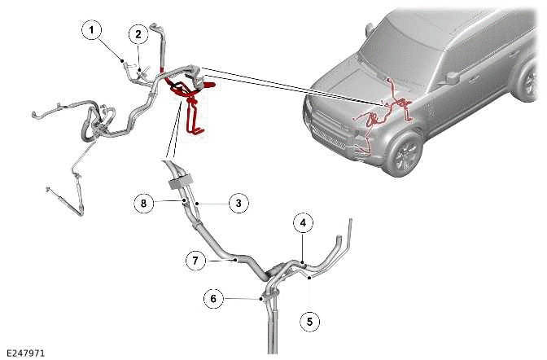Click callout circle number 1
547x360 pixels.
coord(91,30)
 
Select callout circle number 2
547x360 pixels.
coord(138,34)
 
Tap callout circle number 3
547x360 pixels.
coord(238,204)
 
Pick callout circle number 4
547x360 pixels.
coord(303,223)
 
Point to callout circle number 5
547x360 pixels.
coord(310,322)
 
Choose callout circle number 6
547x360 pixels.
coord(213,299)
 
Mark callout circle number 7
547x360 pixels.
coord(195,261)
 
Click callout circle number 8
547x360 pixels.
coord(144,204)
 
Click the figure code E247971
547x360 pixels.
coord(26,353)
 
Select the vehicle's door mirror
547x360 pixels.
coord(452,77)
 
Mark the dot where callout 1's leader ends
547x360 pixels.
coord(122,61)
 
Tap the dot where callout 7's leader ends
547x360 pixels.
coord(236,260)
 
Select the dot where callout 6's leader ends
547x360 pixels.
coord(260,299)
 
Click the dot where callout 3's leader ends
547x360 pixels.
coord(197,203)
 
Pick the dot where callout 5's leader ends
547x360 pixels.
coord(309,278)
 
